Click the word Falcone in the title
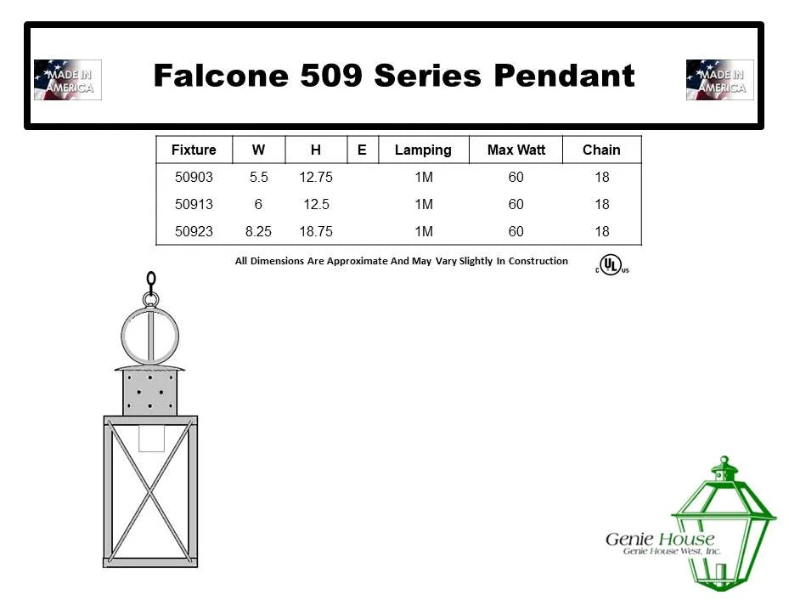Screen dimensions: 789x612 click(221, 76)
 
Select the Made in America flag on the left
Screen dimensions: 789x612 click(67, 80)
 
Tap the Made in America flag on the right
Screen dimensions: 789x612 click(719, 80)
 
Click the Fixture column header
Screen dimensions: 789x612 click(194, 150)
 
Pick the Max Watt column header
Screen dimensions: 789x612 click(516, 150)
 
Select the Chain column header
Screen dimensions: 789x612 click(601, 150)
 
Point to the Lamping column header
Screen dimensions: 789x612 click(423, 150)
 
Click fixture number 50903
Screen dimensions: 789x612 click(194, 177)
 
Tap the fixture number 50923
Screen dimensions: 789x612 click(194, 231)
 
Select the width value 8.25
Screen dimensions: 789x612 click(258, 231)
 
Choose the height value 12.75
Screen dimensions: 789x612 click(316, 177)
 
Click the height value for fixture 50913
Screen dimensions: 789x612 click(316, 204)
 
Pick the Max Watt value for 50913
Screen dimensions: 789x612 click(516, 204)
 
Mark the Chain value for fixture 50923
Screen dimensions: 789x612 click(602, 231)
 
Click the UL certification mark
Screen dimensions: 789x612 click(611, 265)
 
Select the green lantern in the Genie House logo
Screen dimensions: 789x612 click(724, 524)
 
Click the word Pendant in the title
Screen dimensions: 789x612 click(564, 76)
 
